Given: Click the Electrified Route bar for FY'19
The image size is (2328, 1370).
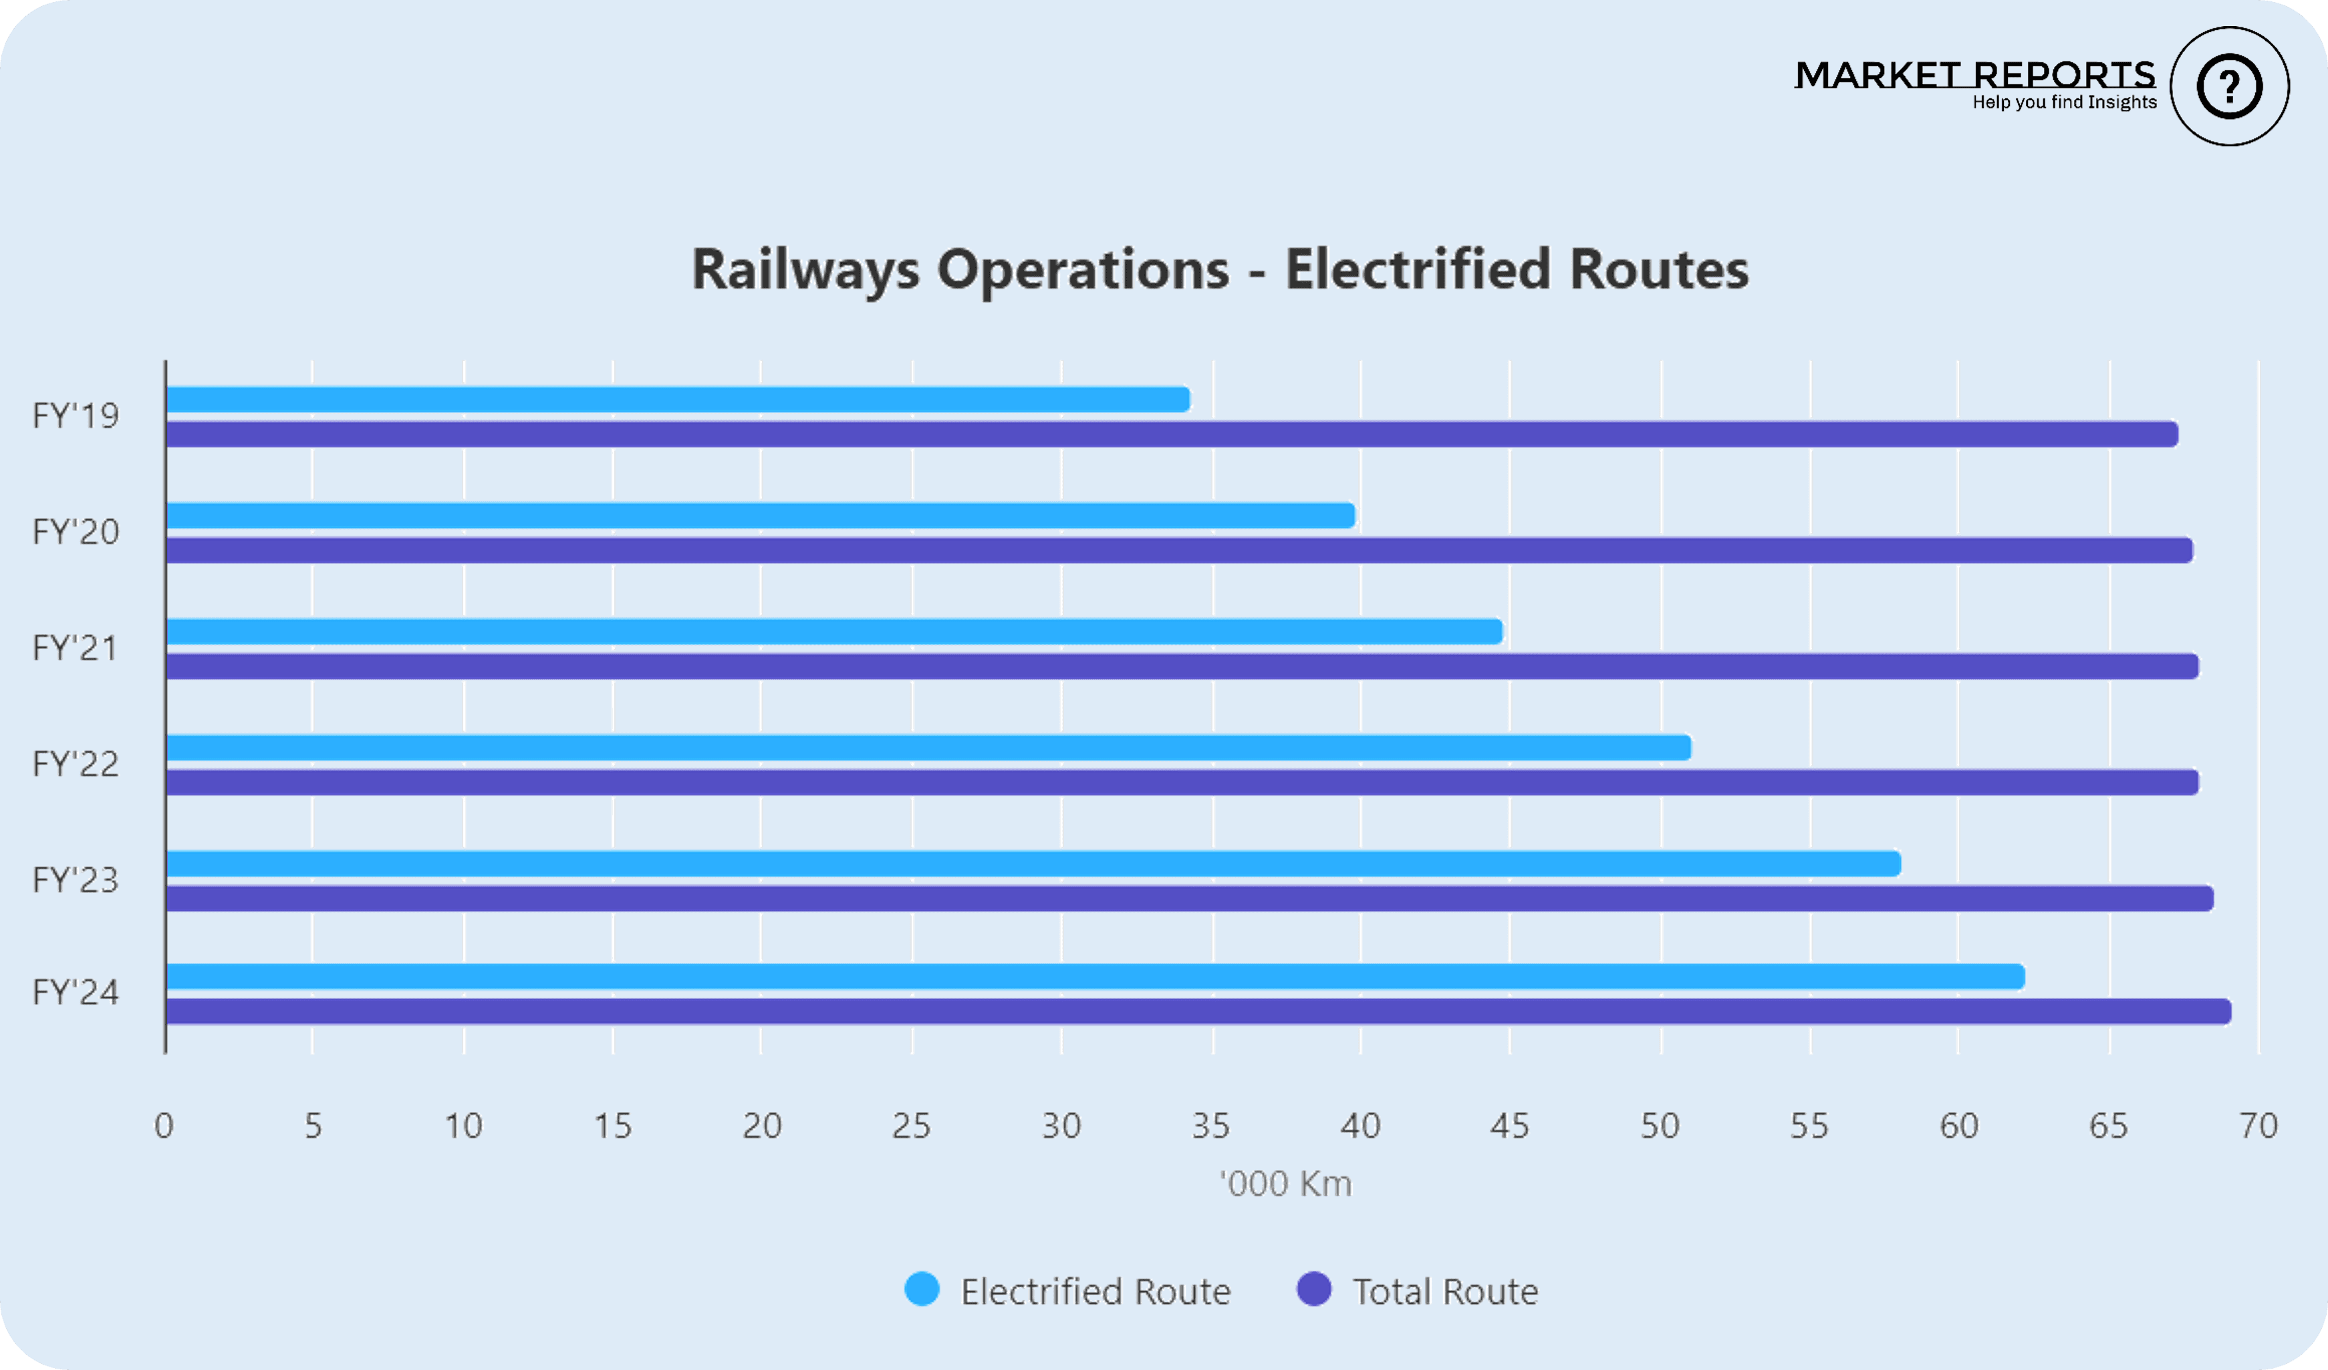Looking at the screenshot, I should tap(678, 400).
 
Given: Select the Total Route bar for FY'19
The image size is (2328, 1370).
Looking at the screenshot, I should tap(1172, 434).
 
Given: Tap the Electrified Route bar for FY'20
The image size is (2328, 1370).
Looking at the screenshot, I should tap(761, 515).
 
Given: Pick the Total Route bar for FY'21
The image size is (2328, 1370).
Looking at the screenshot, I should tap(1182, 666).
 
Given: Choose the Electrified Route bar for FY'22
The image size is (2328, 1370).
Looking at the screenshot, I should tap(928, 747).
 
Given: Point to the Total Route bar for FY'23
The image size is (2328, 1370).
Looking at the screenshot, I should tap(1189, 898).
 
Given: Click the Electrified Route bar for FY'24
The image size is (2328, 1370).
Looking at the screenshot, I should tap(1095, 976).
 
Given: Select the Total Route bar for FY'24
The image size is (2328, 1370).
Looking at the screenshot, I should tap(1198, 1012).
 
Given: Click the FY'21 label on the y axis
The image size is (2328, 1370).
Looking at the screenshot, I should tap(76, 648).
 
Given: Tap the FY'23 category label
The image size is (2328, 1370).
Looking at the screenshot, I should tap(76, 880).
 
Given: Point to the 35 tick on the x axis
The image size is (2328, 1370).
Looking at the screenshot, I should tap(1211, 1126).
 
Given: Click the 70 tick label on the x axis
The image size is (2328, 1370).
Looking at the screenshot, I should tap(2258, 1126).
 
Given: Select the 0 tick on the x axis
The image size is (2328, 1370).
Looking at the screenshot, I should tap(164, 1126).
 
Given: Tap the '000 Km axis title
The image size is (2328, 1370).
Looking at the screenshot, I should tap(1285, 1184).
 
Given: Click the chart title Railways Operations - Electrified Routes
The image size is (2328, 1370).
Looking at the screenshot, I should tap(1219, 270).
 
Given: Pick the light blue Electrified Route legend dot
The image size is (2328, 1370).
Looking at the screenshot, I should tap(922, 1290).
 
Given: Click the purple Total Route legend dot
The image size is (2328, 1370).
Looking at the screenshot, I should tap(1313, 1290).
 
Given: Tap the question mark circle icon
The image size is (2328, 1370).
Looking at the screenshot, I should tap(2229, 87).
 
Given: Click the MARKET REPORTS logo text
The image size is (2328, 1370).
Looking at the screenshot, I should tap(1974, 74).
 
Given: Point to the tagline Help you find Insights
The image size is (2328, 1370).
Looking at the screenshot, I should tap(2064, 102).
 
